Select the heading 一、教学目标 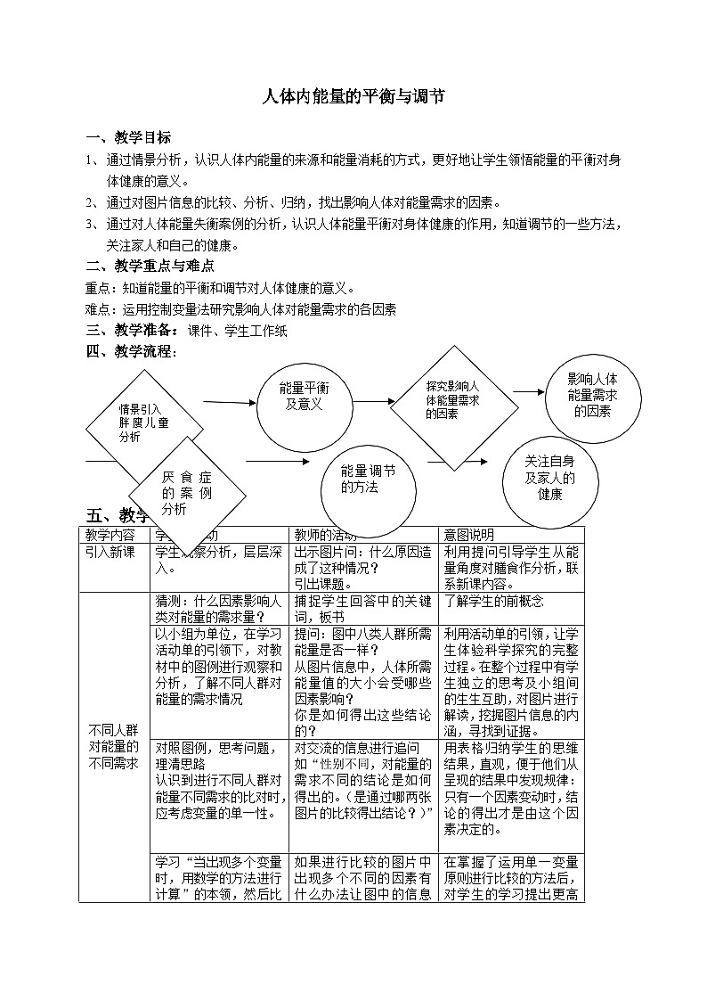pos(128,137)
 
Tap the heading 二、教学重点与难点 pos(149,266)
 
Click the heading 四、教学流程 pos(131,351)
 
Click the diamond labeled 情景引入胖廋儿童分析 pos(144,423)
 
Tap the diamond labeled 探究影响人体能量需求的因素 pos(454,399)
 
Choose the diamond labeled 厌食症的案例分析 pos(186,493)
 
